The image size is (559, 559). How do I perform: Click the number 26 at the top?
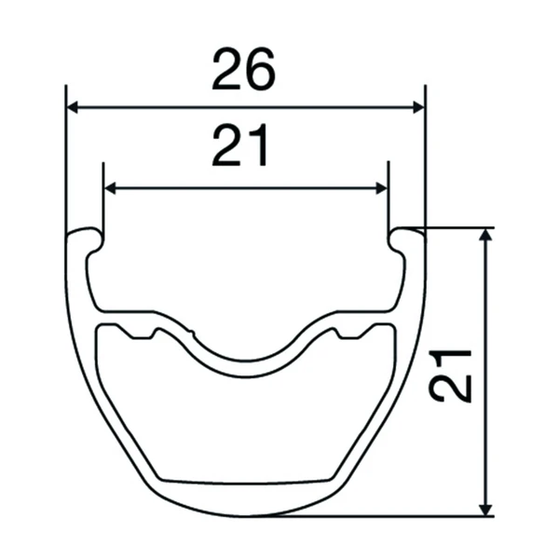click(243, 68)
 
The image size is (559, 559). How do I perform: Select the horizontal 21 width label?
click(239, 144)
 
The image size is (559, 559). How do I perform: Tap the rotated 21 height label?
click(450, 376)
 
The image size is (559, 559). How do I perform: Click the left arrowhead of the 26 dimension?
click(73, 107)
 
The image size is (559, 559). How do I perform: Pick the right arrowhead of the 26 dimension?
click(418, 107)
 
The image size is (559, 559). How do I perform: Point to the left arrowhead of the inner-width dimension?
click(110, 188)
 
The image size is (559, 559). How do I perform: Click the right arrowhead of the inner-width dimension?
click(381, 188)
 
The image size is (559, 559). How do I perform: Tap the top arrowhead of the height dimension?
click(485, 235)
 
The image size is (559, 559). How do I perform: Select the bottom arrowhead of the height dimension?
click(485, 510)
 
